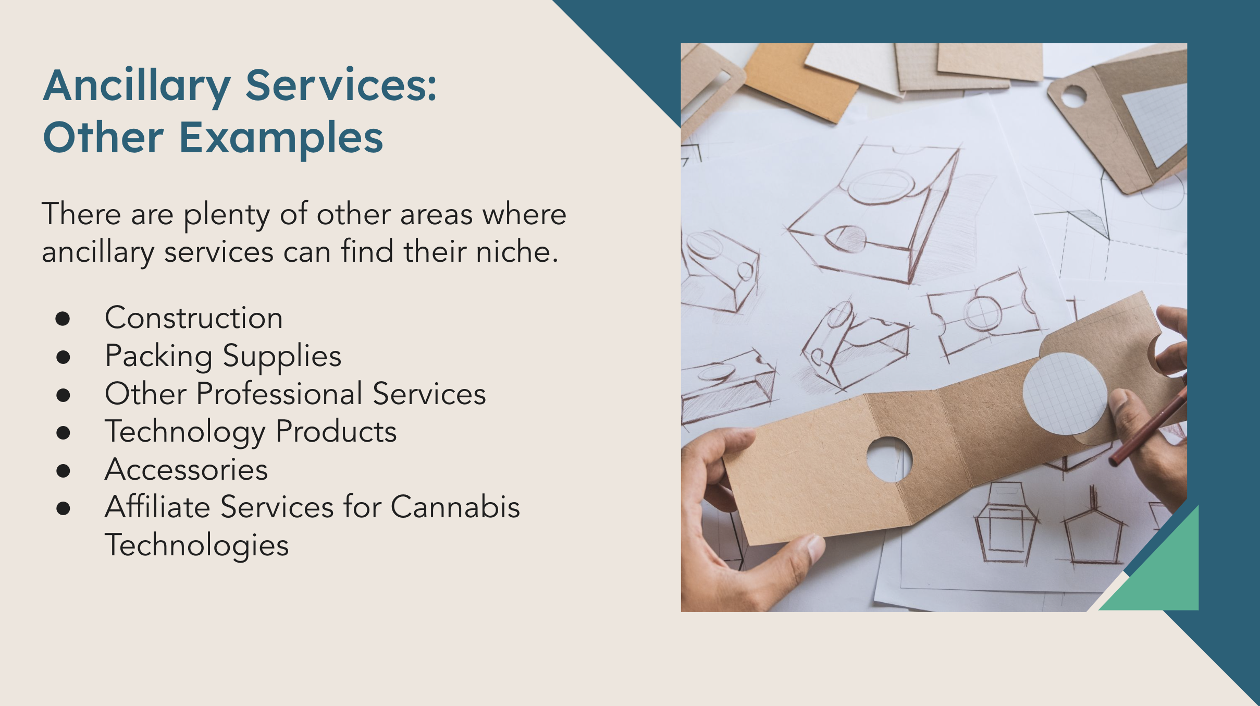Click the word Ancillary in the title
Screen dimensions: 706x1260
(137, 86)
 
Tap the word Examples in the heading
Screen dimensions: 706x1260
(281, 138)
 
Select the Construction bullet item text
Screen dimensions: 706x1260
(194, 318)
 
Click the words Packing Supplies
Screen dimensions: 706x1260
(223, 356)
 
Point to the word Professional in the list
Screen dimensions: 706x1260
(279, 394)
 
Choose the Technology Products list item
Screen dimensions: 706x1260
(251, 432)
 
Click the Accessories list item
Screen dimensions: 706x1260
(187, 469)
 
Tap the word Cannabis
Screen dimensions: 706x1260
(455, 507)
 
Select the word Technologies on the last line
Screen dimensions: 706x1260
(196, 545)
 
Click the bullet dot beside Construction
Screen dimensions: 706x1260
(63, 319)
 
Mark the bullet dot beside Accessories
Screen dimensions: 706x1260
(63, 470)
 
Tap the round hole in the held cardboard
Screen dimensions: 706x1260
(889, 459)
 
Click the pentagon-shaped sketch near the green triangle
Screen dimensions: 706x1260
(1093, 537)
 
